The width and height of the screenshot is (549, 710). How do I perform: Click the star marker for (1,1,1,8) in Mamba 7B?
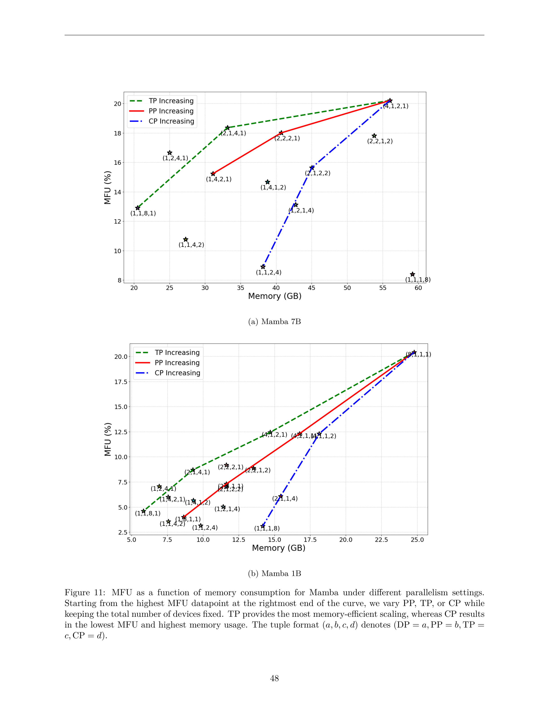pyautogui.click(x=412, y=274)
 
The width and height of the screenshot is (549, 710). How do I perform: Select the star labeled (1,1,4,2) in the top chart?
pyautogui.click(x=186, y=240)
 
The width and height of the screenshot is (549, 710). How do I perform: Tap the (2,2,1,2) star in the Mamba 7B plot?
pyautogui.click(x=374, y=136)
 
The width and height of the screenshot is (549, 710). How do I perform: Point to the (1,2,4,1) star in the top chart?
pyautogui.click(x=170, y=153)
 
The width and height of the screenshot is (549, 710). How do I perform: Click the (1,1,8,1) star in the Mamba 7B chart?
pyautogui.click(x=137, y=208)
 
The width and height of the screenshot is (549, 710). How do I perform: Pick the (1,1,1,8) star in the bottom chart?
pyautogui.click(x=263, y=526)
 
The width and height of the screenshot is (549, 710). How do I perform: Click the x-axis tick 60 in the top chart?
pyautogui.click(x=418, y=288)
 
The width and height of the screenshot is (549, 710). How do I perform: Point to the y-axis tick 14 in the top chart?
pyautogui.click(x=118, y=192)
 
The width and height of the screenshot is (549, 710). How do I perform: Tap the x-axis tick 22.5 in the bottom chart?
pyautogui.click(x=381, y=540)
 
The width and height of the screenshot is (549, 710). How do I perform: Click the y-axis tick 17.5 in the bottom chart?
pyautogui.click(x=121, y=382)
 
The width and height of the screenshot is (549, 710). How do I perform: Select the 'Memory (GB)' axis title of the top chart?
pyautogui.click(x=275, y=296)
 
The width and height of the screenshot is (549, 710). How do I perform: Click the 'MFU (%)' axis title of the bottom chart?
pyautogui.click(x=108, y=439)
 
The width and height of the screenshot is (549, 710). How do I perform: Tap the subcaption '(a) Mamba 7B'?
pyautogui.click(x=274, y=322)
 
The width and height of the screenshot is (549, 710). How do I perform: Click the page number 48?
pyautogui.click(x=274, y=678)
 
